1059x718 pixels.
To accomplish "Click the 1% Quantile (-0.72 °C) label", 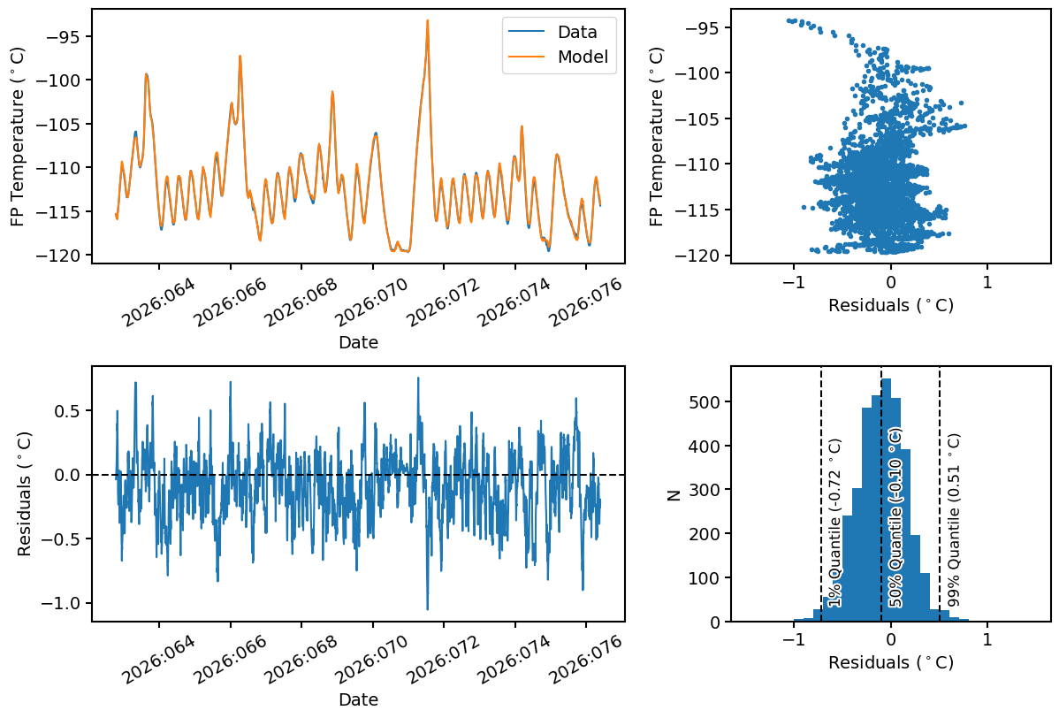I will pos(834,523).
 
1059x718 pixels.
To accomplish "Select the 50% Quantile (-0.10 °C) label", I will pos(895,518).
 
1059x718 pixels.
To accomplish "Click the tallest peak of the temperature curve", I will pos(427,21).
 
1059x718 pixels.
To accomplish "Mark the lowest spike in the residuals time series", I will pos(428,609).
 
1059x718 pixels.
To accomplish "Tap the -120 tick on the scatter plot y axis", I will pos(698,256).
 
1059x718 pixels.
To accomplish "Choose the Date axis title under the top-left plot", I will pos(358,342).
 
